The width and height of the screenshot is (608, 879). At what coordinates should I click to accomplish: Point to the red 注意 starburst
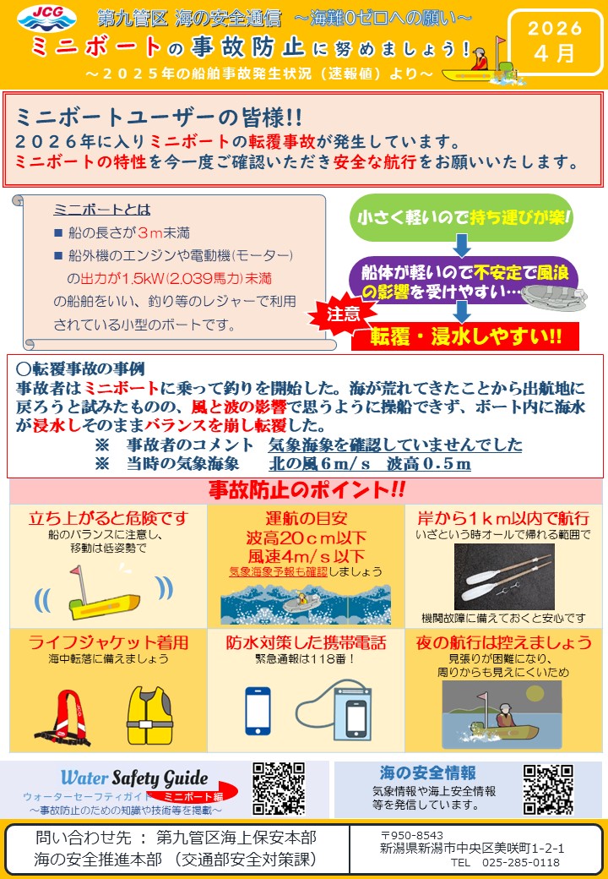click(x=343, y=314)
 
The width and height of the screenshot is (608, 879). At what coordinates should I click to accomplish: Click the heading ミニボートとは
click(x=101, y=210)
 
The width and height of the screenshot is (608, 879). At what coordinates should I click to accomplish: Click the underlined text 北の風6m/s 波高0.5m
click(x=370, y=463)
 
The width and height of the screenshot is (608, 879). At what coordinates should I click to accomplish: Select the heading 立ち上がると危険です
click(x=108, y=517)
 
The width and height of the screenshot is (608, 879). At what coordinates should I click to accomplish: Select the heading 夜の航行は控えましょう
click(x=503, y=642)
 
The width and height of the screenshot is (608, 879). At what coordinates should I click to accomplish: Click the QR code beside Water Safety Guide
click(x=279, y=789)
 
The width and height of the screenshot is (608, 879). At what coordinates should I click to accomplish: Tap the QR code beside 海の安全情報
click(x=548, y=789)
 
